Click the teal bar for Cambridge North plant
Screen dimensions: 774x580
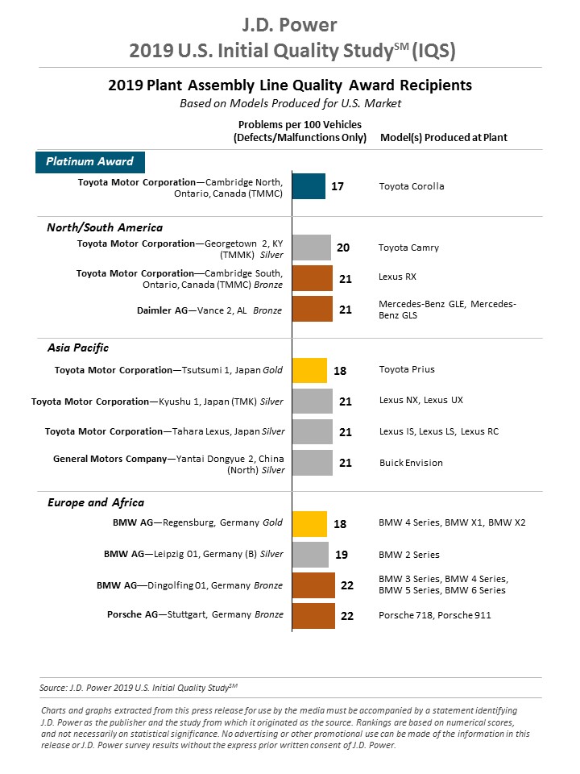(x=309, y=186)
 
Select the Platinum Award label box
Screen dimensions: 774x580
(x=89, y=161)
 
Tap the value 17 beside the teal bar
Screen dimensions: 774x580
(x=338, y=186)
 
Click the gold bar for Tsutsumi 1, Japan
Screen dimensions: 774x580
(x=309, y=370)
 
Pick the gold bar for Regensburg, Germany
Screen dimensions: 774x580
(x=309, y=524)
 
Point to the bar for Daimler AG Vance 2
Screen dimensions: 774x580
(x=313, y=309)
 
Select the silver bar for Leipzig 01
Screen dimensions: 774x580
(x=310, y=555)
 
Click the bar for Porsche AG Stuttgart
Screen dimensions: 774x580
(x=313, y=616)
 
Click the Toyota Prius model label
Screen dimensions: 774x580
(x=407, y=370)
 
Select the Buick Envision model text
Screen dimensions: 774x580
(x=411, y=463)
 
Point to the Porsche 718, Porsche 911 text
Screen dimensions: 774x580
(x=435, y=615)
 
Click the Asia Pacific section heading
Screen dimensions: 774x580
(x=77, y=347)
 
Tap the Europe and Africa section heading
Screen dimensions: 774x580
(x=89, y=502)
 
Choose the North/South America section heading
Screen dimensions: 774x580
(x=105, y=227)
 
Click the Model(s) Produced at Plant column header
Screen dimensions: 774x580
(x=443, y=138)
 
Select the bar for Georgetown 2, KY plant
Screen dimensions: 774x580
(x=311, y=248)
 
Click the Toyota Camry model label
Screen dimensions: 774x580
(x=408, y=248)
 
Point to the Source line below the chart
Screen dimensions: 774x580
(x=139, y=688)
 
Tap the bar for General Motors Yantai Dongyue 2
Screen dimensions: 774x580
(x=313, y=463)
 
